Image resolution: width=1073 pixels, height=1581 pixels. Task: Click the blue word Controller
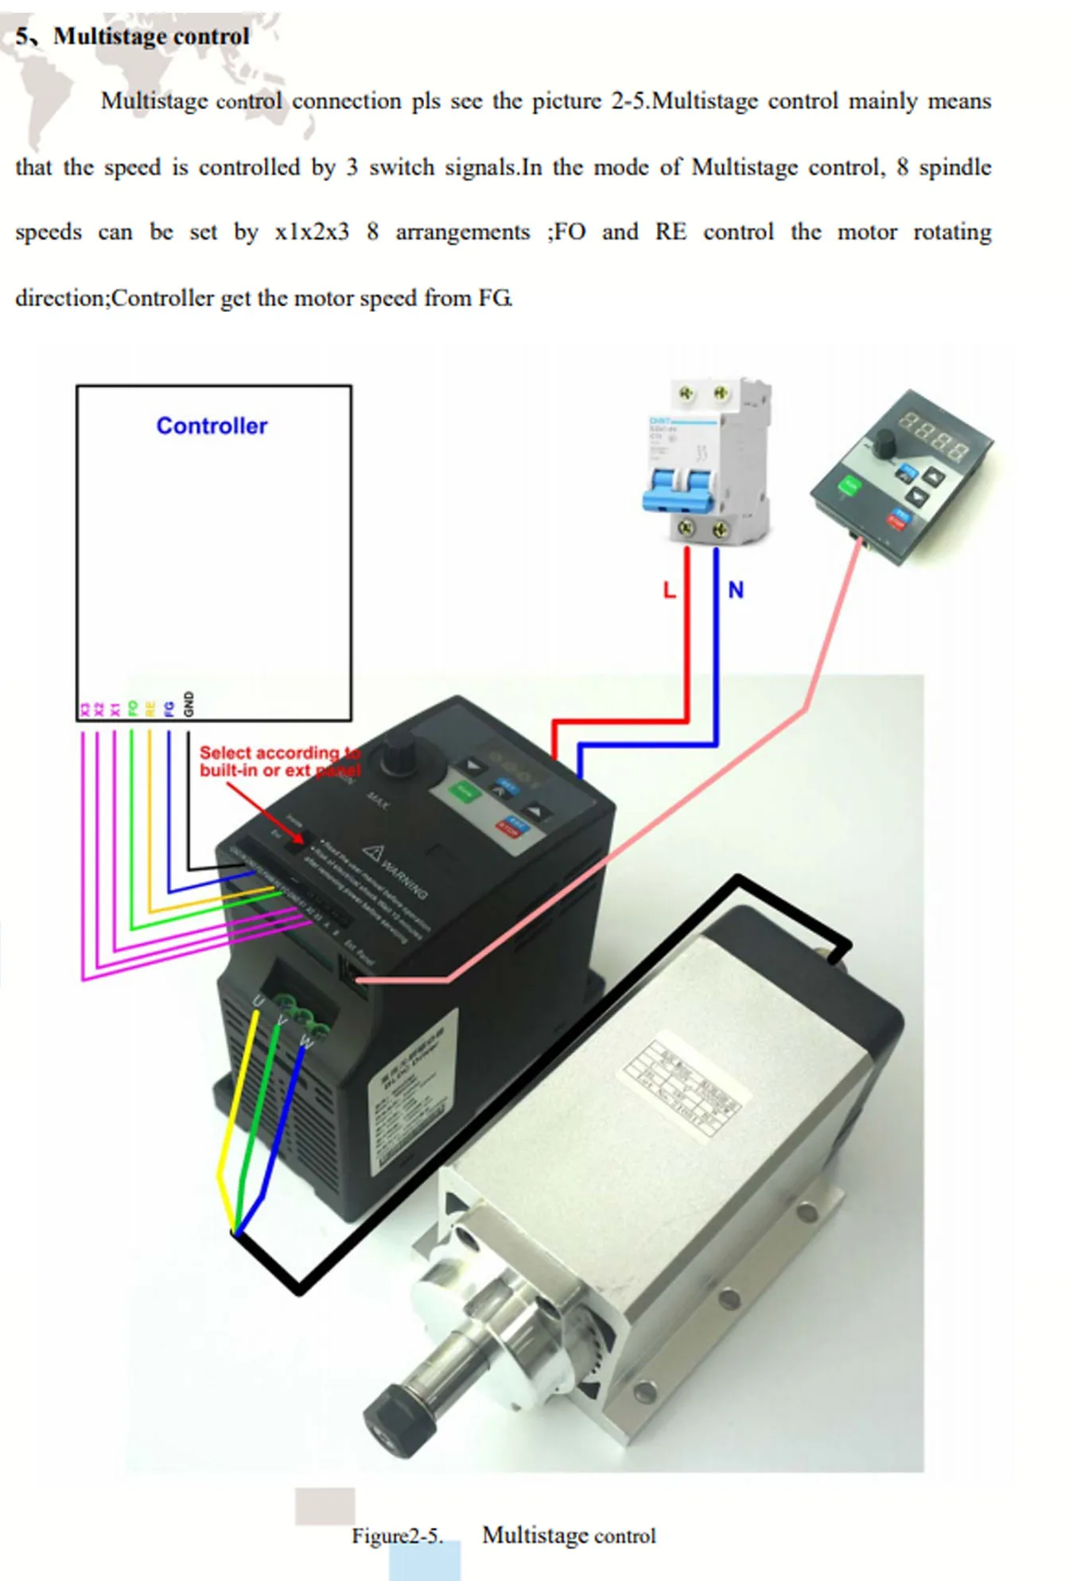pos(212,426)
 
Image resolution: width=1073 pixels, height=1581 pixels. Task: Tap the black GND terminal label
pos(189,703)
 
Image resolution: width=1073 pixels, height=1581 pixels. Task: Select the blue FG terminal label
pos(169,708)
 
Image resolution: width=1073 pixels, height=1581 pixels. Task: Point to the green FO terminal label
pos(133,708)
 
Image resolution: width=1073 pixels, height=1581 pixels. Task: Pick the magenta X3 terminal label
pos(84,709)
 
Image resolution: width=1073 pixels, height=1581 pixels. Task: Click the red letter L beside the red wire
pos(669,590)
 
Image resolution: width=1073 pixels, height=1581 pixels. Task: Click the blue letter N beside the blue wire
pos(736,590)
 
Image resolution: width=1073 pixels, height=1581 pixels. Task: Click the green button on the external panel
pos(849,485)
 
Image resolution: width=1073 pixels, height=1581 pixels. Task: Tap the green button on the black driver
pos(463,792)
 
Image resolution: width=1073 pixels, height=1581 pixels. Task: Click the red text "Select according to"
pos(278,753)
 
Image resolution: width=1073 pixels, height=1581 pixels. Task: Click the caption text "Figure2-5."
pos(397,1536)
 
